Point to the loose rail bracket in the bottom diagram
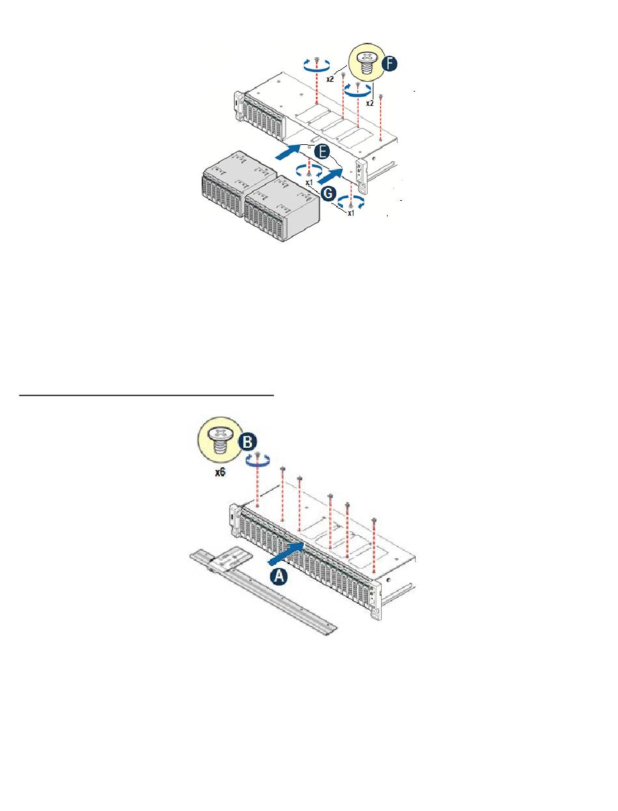point(260,588)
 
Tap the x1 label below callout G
point(350,212)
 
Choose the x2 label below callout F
point(369,103)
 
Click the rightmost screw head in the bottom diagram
point(374,520)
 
